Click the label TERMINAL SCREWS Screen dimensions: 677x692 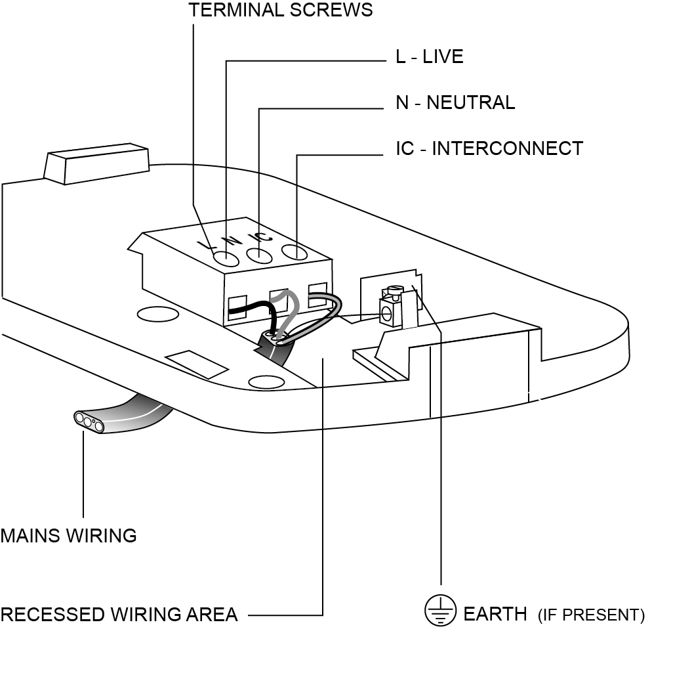pyautogui.click(x=280, y=10)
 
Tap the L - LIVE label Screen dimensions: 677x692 pyautogui.click(x=429, y=56)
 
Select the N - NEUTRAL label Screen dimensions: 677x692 pyautogui.click(x=455, y=102)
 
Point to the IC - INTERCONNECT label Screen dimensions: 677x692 pyautogui.click(x=489, y=148)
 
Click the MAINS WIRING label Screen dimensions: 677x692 pyautogui.click(x=68, y=536)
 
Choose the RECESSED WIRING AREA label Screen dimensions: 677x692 pyautogui.click(x=119, y=615)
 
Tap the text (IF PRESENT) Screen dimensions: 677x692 pyautogui.click(x=591, y=616)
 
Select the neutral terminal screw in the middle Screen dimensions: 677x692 pyautogui.click(x=260, y=255)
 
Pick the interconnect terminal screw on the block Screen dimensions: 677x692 pyautogui.click(x=295, y=251)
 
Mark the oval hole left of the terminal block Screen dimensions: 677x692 pyautogui.click(x=157, y=315)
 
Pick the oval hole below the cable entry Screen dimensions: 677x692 pyautogui.click(x=267, y=381)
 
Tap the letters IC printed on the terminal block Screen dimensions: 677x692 pyautogui.click(x=260, y=238)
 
